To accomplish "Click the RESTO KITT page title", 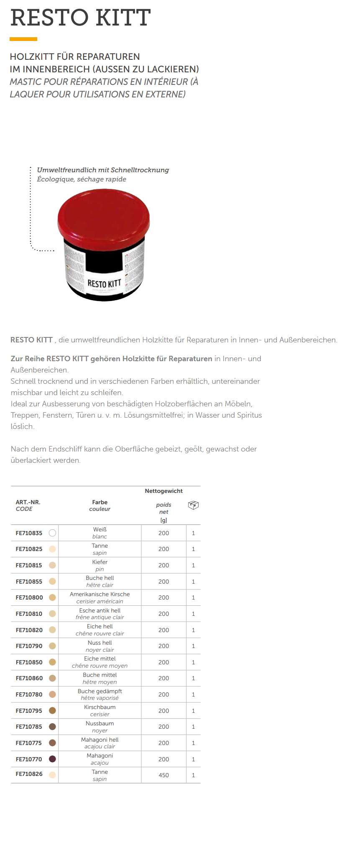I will (x=80, y=18).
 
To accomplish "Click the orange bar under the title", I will (x=23, y=39).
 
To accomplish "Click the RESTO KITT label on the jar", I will (x=104, y=284).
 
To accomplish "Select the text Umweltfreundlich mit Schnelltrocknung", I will (x=103, y=170).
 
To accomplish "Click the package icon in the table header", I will (x=193, y=505).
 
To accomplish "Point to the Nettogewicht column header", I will (x=163, y=491).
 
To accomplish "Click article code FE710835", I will (x=29, y=533).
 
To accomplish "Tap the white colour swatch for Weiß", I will (x=52, y=533).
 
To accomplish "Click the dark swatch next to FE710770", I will (x=52, y=759).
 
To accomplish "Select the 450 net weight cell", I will (x=163, y=775).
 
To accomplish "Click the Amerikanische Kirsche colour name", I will (x=100, y=594).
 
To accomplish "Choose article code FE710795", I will (x=29, y=710).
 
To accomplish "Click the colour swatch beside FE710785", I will (x=52, y=727).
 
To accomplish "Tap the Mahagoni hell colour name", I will (x=100, y=740).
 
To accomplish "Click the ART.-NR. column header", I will (x=28, y=502).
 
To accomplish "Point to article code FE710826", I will (x=29, y=774).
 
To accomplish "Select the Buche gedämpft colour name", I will (x=100, y=691).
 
